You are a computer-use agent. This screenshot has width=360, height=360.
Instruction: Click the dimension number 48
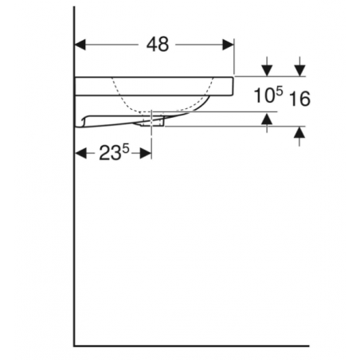click(158, 45)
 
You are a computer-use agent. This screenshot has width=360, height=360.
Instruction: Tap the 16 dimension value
click(299, 99)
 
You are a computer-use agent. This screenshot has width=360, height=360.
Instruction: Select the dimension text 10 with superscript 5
click(268, 95)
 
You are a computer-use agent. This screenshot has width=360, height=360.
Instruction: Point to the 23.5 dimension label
click(114, 152)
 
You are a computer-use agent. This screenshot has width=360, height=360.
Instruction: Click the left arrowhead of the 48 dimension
click(80, 45)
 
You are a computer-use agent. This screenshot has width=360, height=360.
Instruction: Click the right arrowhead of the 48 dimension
click(229, 45)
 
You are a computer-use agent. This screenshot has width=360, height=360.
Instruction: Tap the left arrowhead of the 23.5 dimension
click(81, 153)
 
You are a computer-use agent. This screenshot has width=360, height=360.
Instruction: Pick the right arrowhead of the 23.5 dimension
click(146, 153)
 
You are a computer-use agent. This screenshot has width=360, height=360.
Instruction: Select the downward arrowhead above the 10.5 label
click(267, 71)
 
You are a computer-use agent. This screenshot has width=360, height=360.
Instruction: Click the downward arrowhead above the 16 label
click(300, 71)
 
